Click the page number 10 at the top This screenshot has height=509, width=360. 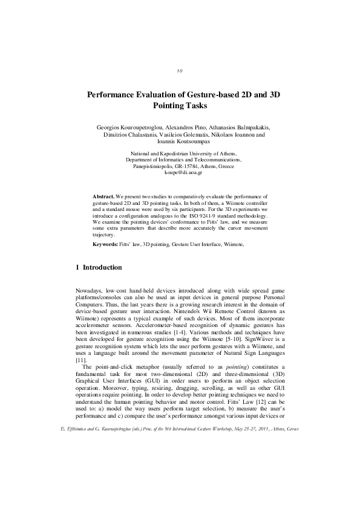180,71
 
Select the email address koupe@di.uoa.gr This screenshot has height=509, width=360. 179,172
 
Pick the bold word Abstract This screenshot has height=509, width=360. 103,197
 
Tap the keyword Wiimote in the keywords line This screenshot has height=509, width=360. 233,244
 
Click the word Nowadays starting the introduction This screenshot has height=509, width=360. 88,291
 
